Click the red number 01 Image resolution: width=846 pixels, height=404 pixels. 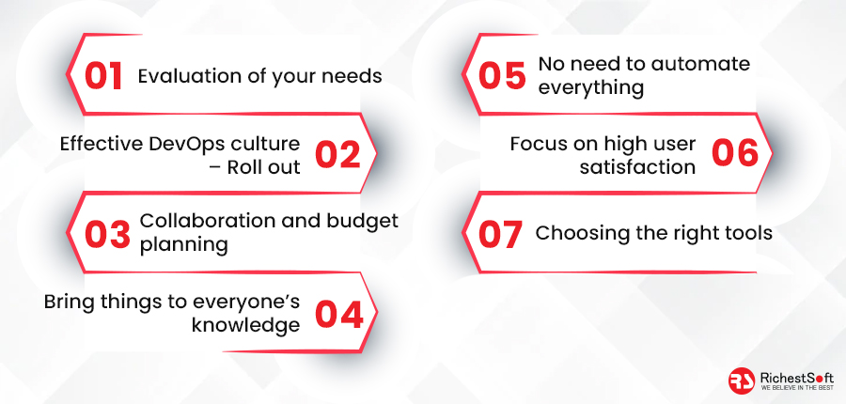coord(104,75)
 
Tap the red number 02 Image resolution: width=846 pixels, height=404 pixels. coord(337,154)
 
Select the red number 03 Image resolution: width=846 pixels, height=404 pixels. coord(107,234)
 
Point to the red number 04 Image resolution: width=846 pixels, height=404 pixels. coord(338,315)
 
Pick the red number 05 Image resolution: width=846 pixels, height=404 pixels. coord(502,75)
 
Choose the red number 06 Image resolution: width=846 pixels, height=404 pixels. coord(735,153)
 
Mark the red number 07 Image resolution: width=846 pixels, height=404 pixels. coord(500,234)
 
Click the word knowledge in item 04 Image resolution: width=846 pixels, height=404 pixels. coord(246,325)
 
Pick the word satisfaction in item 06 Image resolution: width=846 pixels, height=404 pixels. coord(637,167)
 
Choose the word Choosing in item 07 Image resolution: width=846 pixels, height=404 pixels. coord(573,234)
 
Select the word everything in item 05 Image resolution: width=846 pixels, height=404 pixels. coord(591,88)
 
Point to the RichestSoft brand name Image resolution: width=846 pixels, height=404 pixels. coord(796,378)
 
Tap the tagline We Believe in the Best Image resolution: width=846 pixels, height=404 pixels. coord(796,388)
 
